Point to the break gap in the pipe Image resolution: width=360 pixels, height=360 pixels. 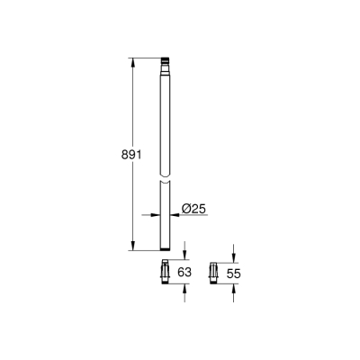165,176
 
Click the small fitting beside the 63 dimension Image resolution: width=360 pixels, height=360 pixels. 165,270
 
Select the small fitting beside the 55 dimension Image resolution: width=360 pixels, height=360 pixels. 214,270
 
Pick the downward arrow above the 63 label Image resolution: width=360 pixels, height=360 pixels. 184,255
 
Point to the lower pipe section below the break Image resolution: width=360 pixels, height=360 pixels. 165,220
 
